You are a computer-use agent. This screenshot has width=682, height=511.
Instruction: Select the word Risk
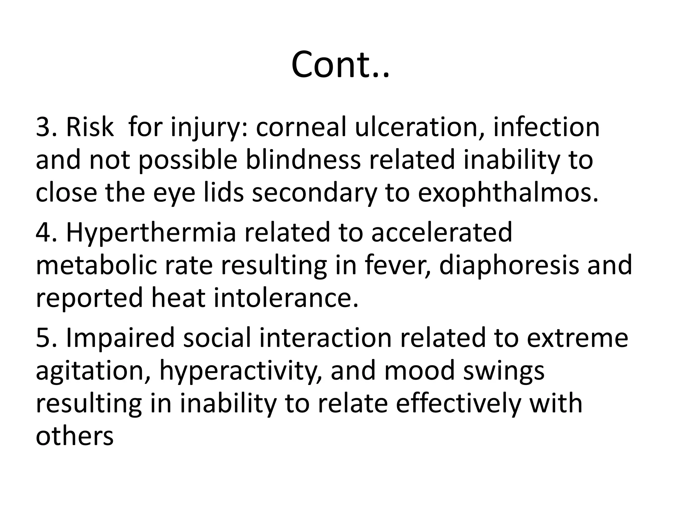(x=90, y=127)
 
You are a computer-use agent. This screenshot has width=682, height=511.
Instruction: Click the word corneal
(x=301, y=127)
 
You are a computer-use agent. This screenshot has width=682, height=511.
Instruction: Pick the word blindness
(x=303, y=160)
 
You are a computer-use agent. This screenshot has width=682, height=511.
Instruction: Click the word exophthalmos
(x=508, y=193)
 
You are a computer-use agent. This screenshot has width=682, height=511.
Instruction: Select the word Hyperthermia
(x=152, y=233)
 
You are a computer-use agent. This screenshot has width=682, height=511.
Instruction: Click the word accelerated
(x=442, y=233)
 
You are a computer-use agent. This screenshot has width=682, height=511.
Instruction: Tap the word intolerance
(x=286, y=298)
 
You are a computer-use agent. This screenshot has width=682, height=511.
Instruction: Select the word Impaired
(x=120, y=338)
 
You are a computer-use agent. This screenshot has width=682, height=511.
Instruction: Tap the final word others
(x=75, y=435)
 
